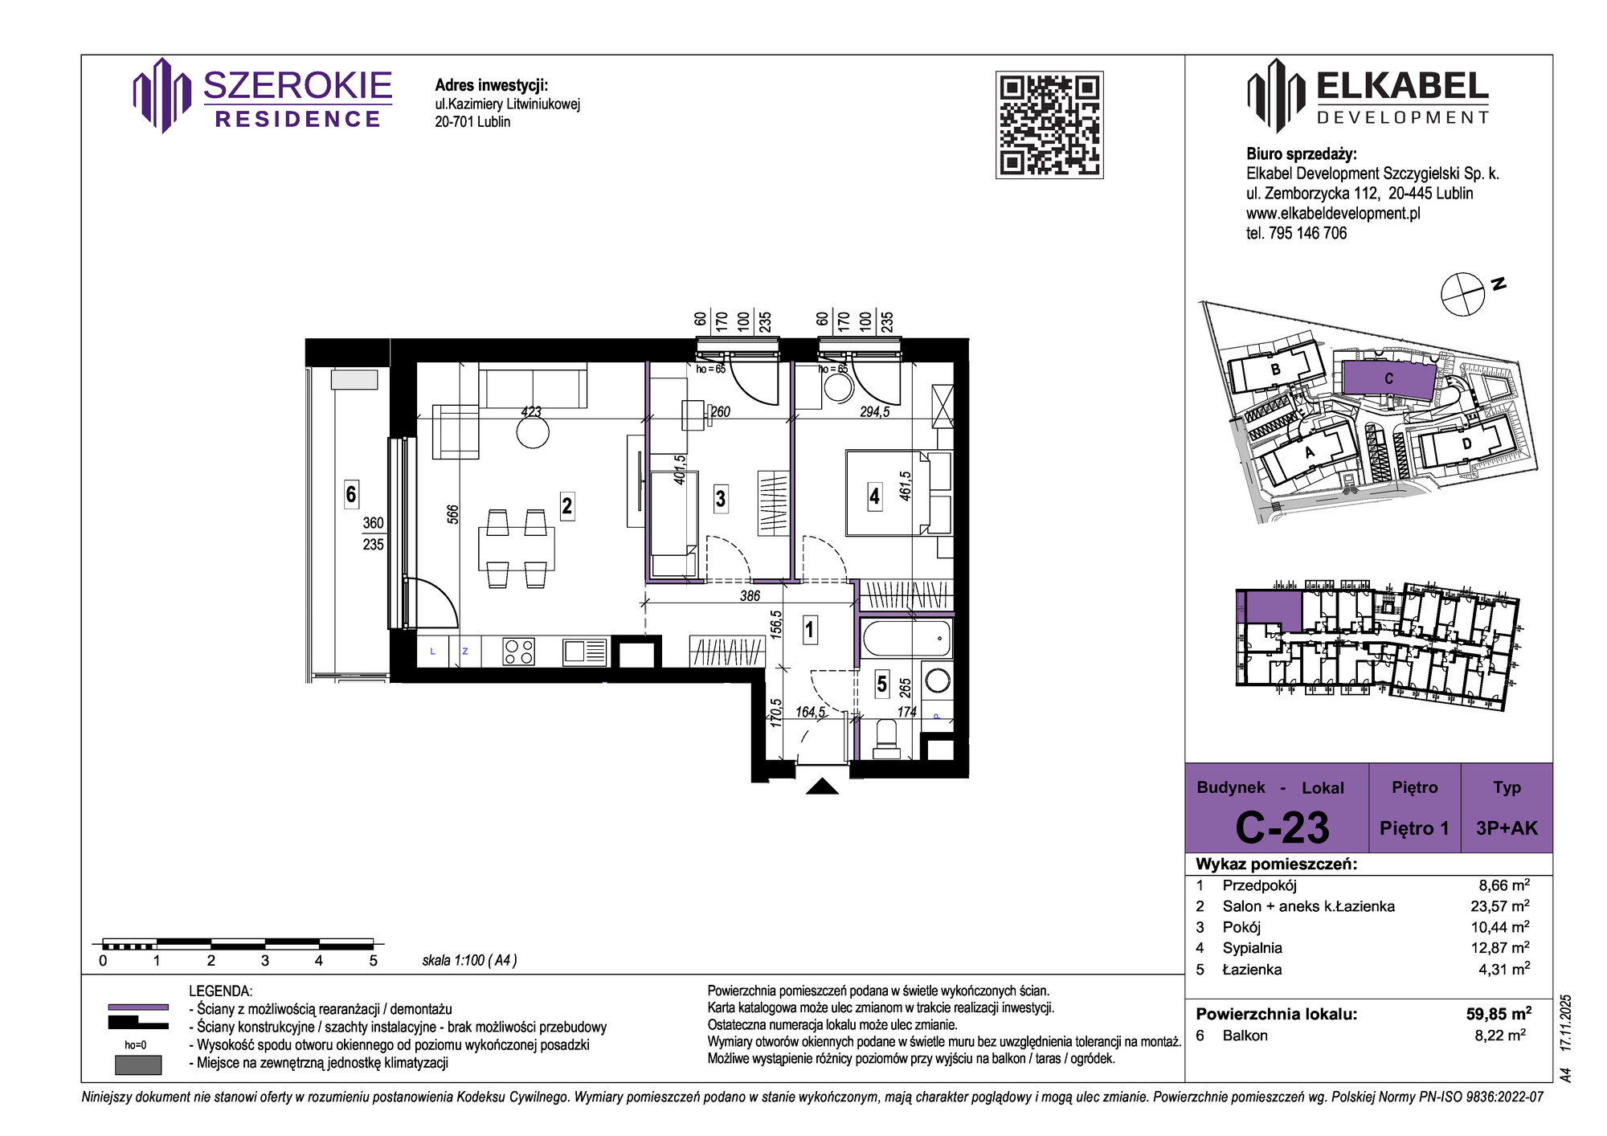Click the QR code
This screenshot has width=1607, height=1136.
(x=1049, y=125)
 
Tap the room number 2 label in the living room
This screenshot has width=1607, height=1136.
(x=567, y=505)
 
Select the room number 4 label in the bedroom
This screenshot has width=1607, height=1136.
(x=874, y=496)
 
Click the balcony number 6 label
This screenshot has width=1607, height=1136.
(x=351, y=493)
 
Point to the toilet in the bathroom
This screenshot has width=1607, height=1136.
(x=886, y=738)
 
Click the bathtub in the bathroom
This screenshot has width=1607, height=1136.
(x=906, y=639)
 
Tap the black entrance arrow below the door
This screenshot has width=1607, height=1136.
(x=822, y=787)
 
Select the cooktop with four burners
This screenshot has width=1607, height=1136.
(x=518, y=651)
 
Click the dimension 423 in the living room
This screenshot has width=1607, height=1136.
(x=531, y=411)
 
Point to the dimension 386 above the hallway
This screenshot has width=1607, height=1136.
(x=750, y=596)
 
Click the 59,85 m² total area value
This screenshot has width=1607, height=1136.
(x=1499, y=1013)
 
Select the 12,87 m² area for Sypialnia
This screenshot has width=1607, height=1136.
(x=1500, y=948)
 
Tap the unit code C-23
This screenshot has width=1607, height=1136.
(x=1282, y=827)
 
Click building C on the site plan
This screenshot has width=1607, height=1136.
(x=1388, y=378)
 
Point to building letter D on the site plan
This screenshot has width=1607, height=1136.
(x=1466, y=443)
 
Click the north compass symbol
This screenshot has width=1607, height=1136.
(x=1462, y=294)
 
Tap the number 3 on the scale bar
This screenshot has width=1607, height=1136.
(x=265, y=961)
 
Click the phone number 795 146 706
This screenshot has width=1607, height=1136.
(x=1307, y=233)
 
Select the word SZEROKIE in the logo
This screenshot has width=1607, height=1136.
(x=297, y=86)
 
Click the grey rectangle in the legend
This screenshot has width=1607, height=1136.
(x=138, y=1065)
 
